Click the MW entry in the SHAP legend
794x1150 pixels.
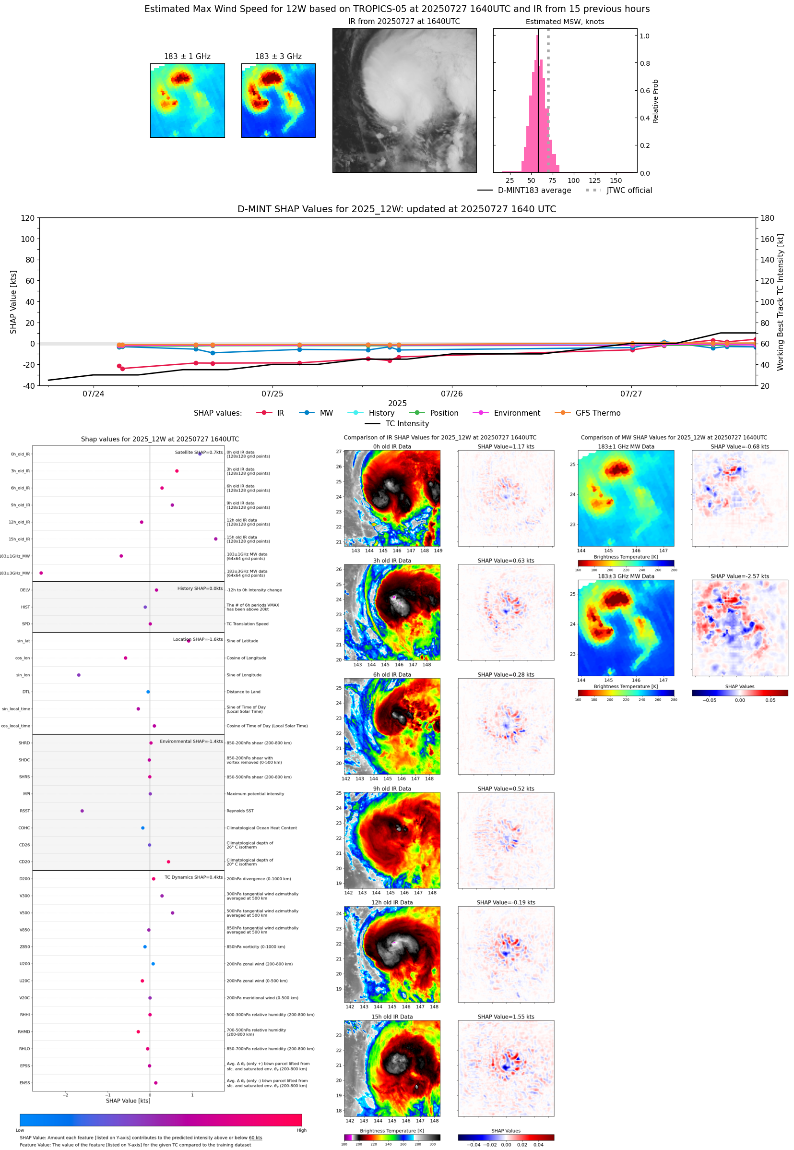point(326,413)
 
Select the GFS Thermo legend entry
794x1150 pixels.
point(597,413)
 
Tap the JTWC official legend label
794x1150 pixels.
point(629,190)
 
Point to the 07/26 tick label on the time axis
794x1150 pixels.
point(451,394)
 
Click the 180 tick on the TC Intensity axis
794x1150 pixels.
point(767,218)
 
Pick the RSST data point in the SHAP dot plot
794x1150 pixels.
point(82,811)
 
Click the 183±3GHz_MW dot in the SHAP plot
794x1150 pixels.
point(41,573)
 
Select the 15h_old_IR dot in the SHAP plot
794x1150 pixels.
point(215,539)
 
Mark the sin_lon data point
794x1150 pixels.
point(79,675)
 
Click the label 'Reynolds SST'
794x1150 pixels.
point(240,811)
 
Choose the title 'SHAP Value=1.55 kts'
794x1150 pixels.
point(506,1017)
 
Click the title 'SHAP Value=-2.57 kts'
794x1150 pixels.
point(739,576)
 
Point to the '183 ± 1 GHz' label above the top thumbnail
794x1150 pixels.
point(187,57)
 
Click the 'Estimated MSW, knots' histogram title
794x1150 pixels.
point(565,22)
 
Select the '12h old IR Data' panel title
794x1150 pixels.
point(392,902)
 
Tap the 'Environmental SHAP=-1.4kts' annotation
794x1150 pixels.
point(191,742)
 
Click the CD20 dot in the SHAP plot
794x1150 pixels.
point(168,862)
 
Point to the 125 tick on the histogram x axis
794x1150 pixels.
point(594,180)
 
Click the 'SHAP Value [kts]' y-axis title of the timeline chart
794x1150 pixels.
point(13,301)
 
